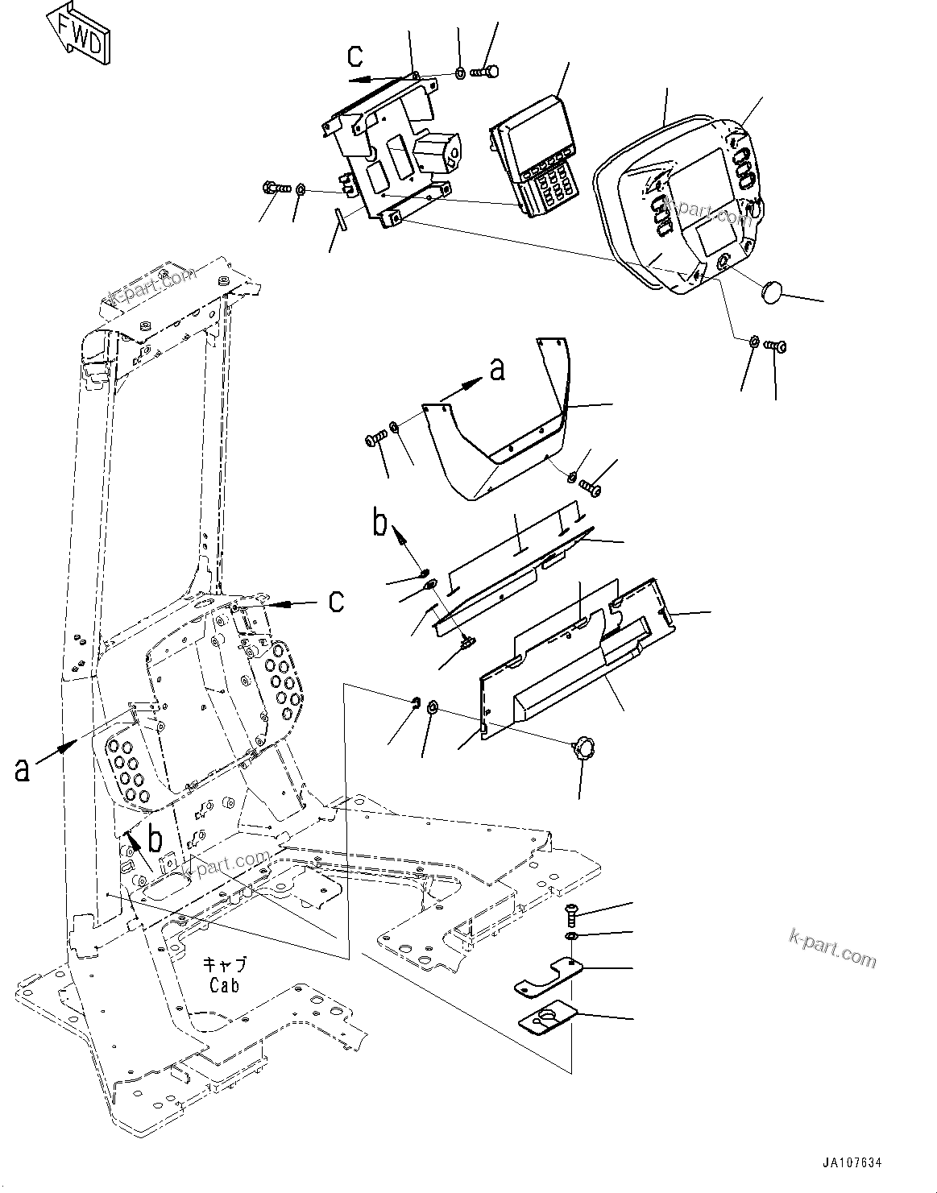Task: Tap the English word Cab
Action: (x=224, y=985)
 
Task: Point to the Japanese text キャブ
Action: (x=224, y=964)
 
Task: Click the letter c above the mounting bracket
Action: (x=355, y=56)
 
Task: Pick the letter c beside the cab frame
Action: (x=336, y=600)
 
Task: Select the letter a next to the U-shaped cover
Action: (x=498, y=369)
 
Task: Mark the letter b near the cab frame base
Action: (x=156, y=839)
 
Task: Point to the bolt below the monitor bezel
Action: (x=777, y=346)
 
